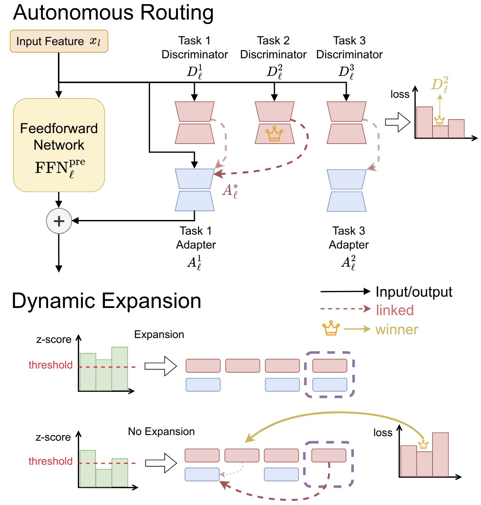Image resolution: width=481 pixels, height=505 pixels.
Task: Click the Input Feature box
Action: pos(59,41)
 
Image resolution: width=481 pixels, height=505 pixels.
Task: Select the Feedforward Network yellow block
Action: pos(59,145)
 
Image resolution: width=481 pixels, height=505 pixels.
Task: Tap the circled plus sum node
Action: pos(59,221)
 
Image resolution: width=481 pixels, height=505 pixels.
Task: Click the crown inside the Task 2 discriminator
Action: pos(274,133)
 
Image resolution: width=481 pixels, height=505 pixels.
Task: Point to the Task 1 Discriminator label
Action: pos(194,48)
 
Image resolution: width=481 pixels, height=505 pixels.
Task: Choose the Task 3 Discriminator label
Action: pos(349,48)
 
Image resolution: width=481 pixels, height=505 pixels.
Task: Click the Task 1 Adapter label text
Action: pos(196,238)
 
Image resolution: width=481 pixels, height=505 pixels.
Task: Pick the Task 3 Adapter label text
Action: pos(349,238)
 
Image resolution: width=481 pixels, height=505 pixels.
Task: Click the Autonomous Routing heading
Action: pos(113,12)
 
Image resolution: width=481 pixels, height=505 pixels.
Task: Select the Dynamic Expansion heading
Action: pos(106,301)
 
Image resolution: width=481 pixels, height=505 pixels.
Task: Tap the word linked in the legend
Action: pos(395,310)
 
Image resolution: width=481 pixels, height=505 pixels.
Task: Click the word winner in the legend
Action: pos(397,330)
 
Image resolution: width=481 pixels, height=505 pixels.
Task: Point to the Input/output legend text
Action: pos(414,292)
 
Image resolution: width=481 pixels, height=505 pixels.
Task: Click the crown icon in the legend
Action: pos(331,328)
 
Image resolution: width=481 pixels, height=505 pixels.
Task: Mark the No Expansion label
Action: pos(161,431)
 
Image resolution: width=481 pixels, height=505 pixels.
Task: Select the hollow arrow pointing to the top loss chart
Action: pos(398,122)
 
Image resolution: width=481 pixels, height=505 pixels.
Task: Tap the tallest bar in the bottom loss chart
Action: pos(440,455)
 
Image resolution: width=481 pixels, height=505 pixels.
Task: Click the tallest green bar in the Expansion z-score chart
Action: pos(120,369)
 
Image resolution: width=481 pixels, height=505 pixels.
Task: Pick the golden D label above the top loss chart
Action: pos(440,85)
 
